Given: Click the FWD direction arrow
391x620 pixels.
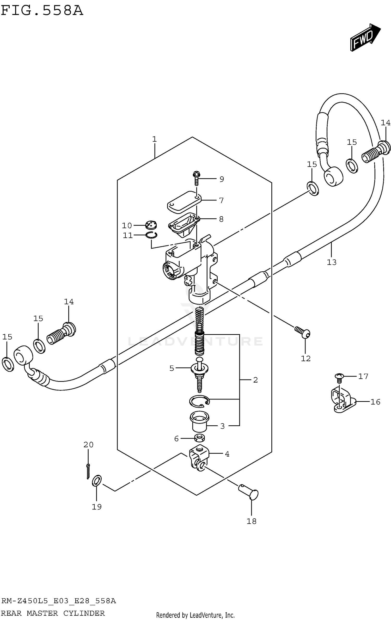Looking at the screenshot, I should (365, 38).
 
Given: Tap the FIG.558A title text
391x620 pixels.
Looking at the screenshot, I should (42, 11).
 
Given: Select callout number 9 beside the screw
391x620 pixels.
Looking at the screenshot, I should (222, 179).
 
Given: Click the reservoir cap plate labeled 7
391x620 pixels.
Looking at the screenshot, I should (184, 202).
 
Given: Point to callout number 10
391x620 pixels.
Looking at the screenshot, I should (127, 225).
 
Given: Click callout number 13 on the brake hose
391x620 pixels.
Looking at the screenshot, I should (332, 262).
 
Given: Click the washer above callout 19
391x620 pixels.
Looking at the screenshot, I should (97, 481).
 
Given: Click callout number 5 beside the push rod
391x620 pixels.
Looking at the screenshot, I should (172, 368).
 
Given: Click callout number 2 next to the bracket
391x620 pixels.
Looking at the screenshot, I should (255, 380).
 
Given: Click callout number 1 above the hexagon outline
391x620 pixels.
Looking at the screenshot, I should (154, 139).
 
